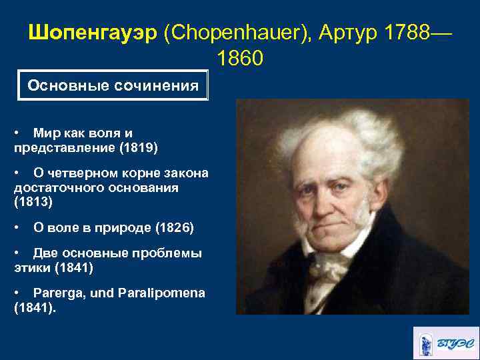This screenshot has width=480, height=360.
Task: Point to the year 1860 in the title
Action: pyautogui.click(x=240, y=59)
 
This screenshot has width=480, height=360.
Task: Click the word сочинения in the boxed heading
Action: pyautogui.click(x=156, y=86)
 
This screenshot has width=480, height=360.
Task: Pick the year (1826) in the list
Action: pyautogui.click(x=174, y=228)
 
